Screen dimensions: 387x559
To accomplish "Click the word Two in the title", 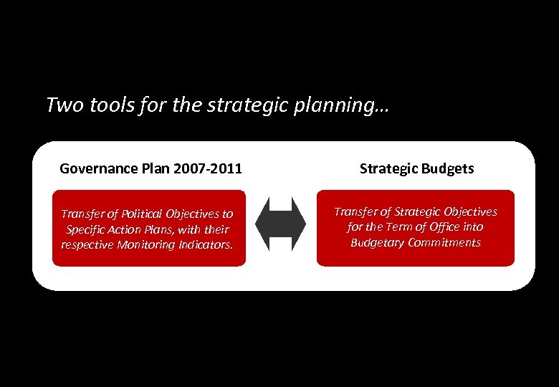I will coord(60,105).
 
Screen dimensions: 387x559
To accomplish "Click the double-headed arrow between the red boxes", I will coord(281,224).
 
